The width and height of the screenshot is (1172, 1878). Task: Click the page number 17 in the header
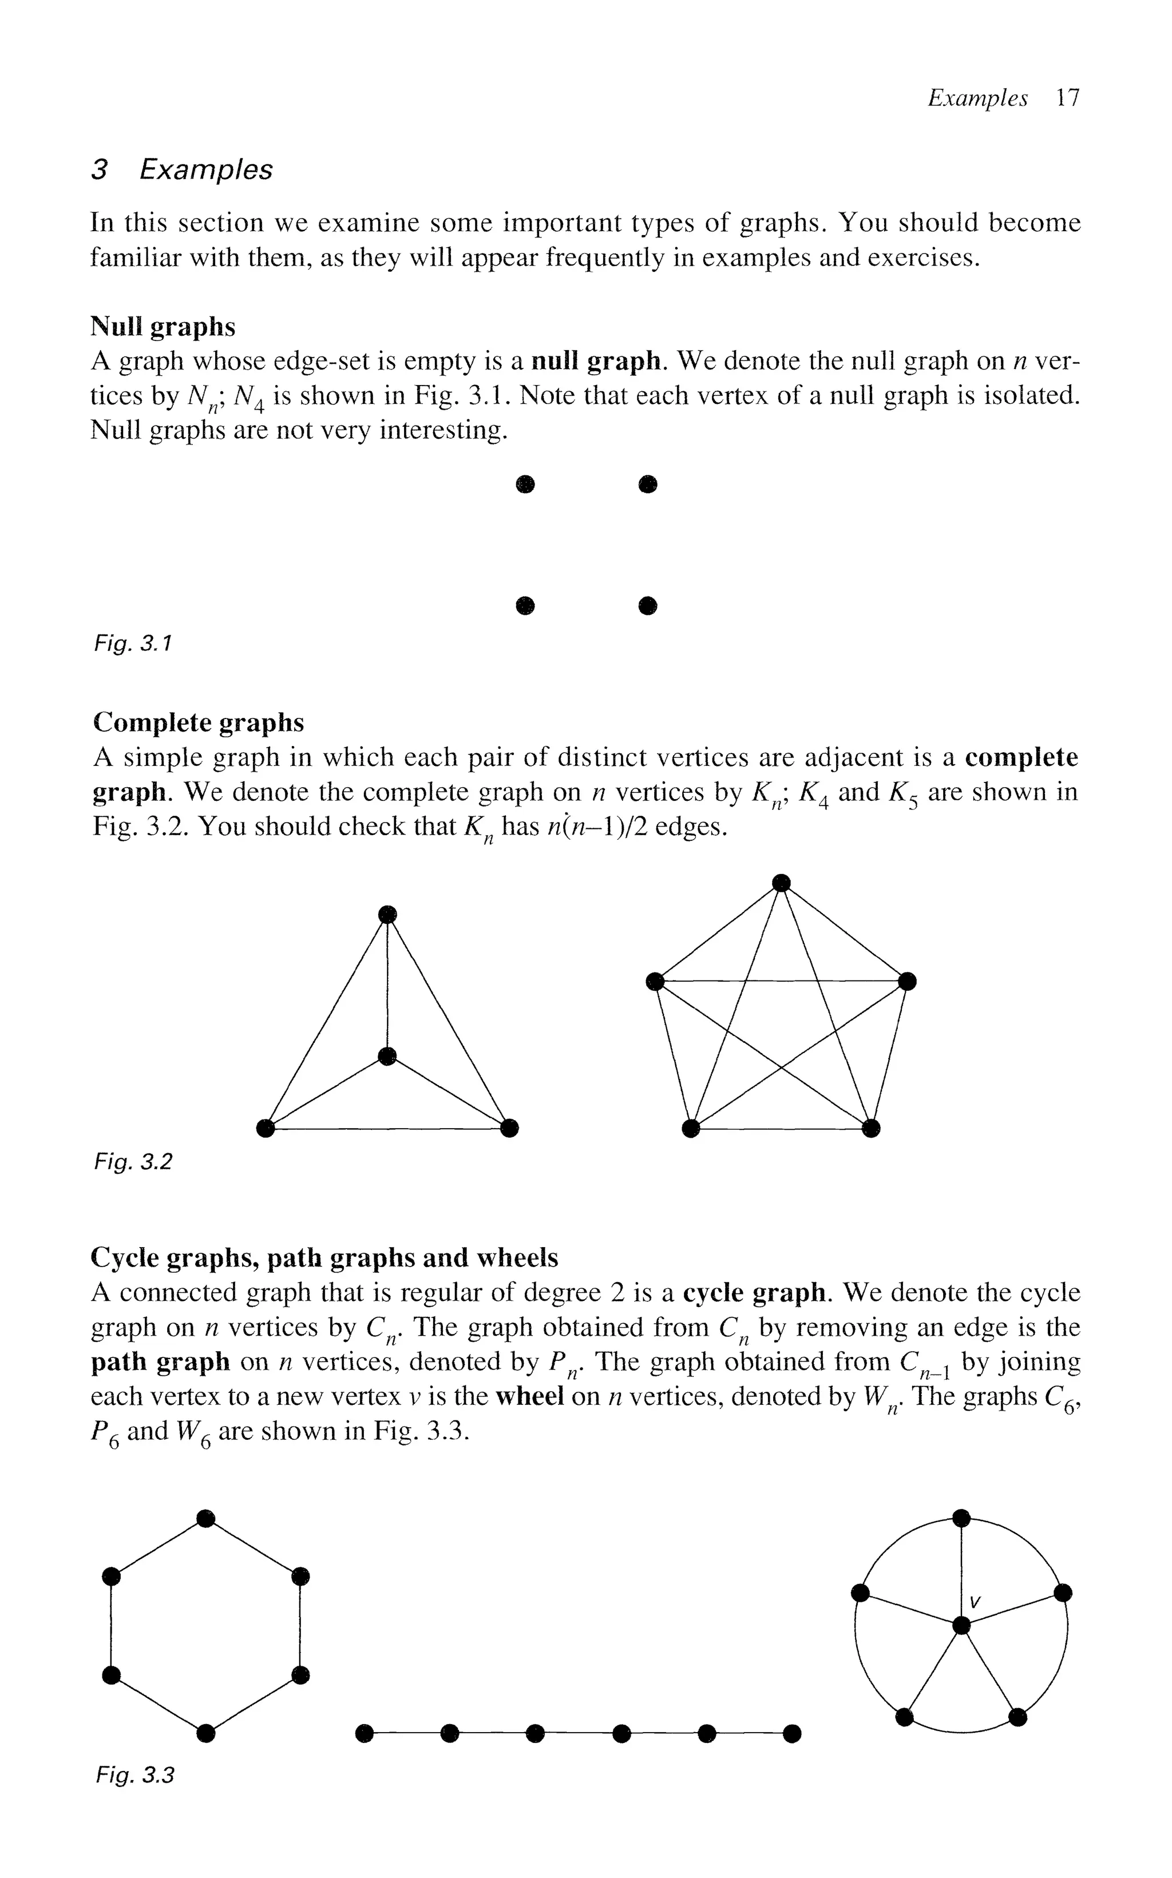(x=1067, y=98)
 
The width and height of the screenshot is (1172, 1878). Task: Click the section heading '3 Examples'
(x=182, y=170)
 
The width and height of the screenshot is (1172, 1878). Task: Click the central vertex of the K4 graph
(x=387, y=1056)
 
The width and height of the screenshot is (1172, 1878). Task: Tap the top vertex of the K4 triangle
(x=387, y=914)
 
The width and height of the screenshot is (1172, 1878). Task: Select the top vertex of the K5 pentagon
(x=781, y=883)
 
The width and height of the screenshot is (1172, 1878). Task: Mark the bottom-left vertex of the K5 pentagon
(x=691, y=1128)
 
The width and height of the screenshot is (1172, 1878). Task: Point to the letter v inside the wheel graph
(x=975, y=1601)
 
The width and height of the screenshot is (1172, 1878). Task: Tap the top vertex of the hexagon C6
(x=205, y=1519)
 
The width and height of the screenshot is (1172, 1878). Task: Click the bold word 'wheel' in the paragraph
(x=529, y=1396)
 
